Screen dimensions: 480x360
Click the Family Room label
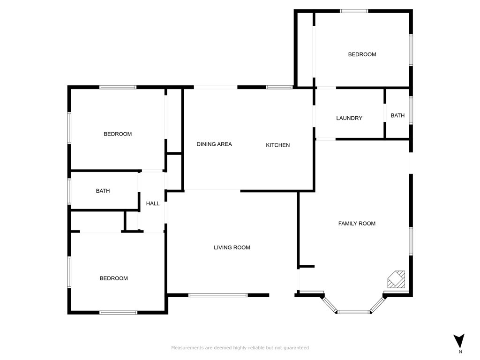[x=357, y=224]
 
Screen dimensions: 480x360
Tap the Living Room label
[x=232, y=247]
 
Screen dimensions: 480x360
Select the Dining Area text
[x=214, y=144]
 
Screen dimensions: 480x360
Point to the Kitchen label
[x=277, y=145]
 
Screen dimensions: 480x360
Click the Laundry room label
[x=349, y=118]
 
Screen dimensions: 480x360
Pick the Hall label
[x=152, y=203]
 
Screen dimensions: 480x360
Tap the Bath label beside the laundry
[x=397, y=115]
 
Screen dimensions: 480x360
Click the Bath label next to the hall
[x=103, y=191]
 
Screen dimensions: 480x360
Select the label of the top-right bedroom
[x=362, y=54]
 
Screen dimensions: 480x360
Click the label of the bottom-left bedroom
[x=113, y=278]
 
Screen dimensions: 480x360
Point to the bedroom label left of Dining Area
[x=118, y=134]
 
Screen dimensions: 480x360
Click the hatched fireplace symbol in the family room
[x=397, y=279]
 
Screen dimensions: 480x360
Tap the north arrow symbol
[x=459, y=340]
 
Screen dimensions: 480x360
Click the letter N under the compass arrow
[x=460, y=352]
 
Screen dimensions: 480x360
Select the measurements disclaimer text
[x=240, y=348]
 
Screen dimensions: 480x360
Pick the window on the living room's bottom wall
[x=218, y=295]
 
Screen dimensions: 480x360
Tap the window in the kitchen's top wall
[x=279, y=87]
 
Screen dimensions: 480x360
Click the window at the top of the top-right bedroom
[x=354, y=11]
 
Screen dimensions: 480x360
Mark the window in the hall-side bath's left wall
[x=69, y=191]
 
